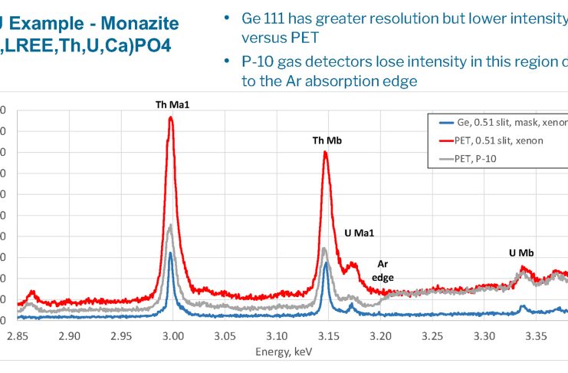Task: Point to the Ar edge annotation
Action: (x=382, y=271)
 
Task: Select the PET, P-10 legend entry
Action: (x=477, y=158)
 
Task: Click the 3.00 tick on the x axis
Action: (x=173, y=335)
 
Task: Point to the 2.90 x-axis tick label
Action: (x=70, y=335)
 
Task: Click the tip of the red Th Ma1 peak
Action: (x=170, y=117)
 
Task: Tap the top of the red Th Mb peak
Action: (x=326, y=152)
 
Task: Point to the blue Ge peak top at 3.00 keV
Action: (x=170, y=253)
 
